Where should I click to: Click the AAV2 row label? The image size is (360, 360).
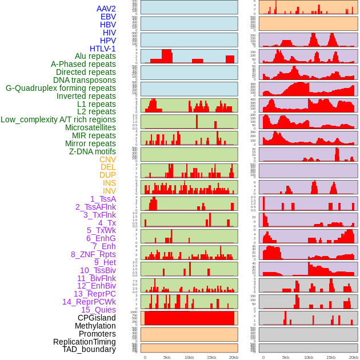tap(106, 9)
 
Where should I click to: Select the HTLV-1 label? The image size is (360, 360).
tap(102, 49)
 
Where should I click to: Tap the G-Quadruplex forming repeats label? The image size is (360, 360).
tap(61, 88)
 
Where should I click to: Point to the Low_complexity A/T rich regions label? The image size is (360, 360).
tap(58, 119)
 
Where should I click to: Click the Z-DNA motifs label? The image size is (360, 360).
tap(92, 151)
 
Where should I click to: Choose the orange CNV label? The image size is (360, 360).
tap(107, 159)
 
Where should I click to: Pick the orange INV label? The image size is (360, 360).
tap(109, 191)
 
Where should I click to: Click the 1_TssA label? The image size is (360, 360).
tap(103, 199)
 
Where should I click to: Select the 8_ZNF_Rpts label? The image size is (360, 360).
tap(93, 254)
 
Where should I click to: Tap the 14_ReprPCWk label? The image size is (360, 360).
tap(89, 302)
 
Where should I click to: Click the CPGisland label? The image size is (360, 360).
tap(97, 318)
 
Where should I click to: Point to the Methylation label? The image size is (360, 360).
tap(95, 326)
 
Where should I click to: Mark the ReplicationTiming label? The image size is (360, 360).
tap(84, 342)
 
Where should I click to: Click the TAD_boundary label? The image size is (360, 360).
tap(89, 349)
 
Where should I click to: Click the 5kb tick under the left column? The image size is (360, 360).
tap(167, 357)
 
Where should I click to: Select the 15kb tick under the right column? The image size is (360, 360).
tap(330, 357)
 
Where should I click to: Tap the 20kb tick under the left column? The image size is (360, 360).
tap(233, 357)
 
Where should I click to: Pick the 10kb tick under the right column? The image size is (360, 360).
tap(309, 357)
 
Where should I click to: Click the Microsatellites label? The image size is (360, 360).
tap(90, 127)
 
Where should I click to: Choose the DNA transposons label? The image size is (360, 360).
tap(85, 80)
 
